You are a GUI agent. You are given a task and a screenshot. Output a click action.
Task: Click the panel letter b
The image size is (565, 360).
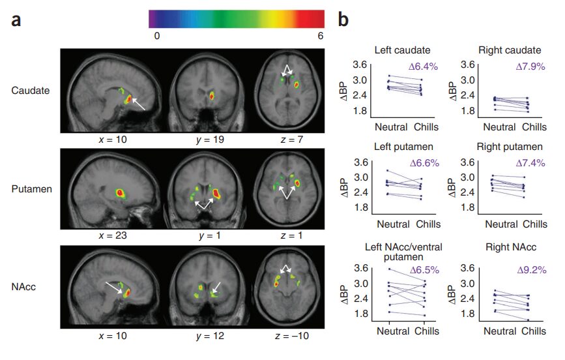[x=343, y=19]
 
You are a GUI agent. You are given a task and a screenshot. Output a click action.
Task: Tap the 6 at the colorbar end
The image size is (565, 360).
[x=320, y=37]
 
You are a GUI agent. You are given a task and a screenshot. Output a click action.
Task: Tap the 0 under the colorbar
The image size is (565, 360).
[x=156, y=37]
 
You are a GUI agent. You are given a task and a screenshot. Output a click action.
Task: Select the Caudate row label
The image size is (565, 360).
[x=31, y=90]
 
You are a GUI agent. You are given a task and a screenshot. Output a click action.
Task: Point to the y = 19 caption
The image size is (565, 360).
[x=211, y=139]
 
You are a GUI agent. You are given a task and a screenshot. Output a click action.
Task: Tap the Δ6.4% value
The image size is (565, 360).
[x=422, y=66]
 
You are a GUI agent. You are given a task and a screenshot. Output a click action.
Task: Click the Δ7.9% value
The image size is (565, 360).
[x=528, y=66]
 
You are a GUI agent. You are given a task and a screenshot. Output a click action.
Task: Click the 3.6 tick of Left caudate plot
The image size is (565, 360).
[x=362, y=65]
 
